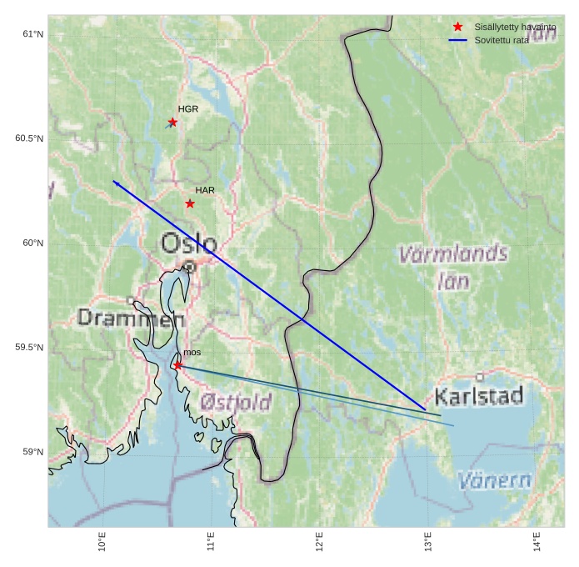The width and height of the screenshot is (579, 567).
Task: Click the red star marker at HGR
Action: [x=172, y=122]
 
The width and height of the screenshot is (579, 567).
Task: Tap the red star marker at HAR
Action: [x=190, y=203]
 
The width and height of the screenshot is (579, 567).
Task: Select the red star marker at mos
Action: [x=177, y=365]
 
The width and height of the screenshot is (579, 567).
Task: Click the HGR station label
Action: [x=188, y=109]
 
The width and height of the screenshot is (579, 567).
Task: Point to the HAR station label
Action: [x=205, y=190]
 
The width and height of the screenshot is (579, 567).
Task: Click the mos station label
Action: [x=192, y=353]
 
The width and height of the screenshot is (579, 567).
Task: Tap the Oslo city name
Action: [x=189, y=244]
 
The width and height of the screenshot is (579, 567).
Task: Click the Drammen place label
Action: [x=131, y=318]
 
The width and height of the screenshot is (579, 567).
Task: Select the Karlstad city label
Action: [x=479, y=395]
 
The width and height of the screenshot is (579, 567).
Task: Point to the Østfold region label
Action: [x=236, y=403]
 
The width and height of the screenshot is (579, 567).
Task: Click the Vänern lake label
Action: [x=495, y=480]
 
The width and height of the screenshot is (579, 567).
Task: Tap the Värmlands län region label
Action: [x=453, y=266]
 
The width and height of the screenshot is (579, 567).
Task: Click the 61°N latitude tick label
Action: [x=32, y=34]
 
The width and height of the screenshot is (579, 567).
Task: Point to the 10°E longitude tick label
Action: [x=102, y=542]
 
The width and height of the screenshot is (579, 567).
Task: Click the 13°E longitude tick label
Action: [x=428, y=542]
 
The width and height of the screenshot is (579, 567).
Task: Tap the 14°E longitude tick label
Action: [x=537, y=542]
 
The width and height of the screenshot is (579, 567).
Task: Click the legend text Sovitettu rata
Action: [x=501, y=40]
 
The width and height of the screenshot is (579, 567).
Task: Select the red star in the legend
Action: [x=457, y=28]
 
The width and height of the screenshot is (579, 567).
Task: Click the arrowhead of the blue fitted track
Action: [x=115, y=182]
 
